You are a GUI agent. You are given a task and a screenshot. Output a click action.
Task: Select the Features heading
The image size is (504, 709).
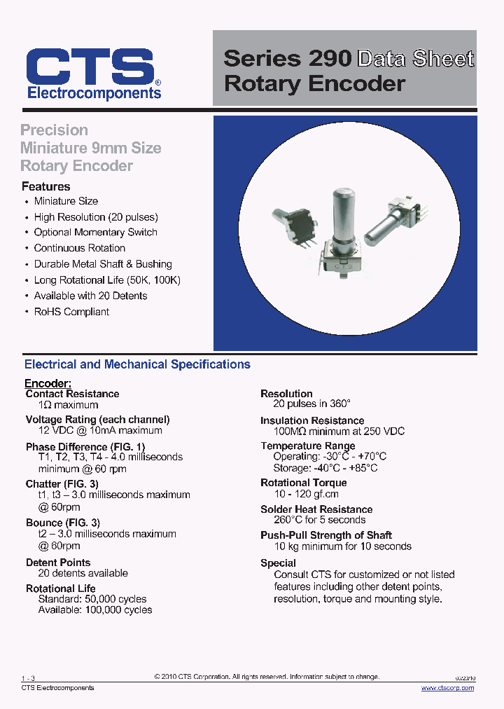(x=46, y=186)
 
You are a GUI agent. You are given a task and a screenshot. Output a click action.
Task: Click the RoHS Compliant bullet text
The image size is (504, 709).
(x=71, y=312)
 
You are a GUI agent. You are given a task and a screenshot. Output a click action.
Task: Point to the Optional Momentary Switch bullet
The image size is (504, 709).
(x=95, y=233)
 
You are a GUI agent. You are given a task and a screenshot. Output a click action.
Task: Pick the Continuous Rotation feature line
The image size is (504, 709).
(x=80, y=248)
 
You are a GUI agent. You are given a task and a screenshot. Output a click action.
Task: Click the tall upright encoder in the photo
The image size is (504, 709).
(x=343, y=231)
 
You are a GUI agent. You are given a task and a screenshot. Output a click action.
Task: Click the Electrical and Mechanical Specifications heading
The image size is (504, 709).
(x=137, y=364)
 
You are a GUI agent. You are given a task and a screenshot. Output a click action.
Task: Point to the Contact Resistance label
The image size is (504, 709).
(x=72, y=394)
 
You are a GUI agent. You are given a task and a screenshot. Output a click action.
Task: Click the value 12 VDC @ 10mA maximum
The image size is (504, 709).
(x=100, y=431)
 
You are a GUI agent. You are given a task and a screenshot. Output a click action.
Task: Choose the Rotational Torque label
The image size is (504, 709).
(x=303, y=483)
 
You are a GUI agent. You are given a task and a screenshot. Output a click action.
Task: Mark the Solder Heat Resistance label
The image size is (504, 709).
(x=316, y=509)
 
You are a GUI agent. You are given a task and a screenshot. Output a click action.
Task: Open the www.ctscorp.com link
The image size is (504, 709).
(x=447, y=688)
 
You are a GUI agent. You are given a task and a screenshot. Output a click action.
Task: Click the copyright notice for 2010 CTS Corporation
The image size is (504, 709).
(x=267, y=677)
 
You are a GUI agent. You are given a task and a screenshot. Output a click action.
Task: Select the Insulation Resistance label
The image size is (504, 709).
(x=312, y=420)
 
